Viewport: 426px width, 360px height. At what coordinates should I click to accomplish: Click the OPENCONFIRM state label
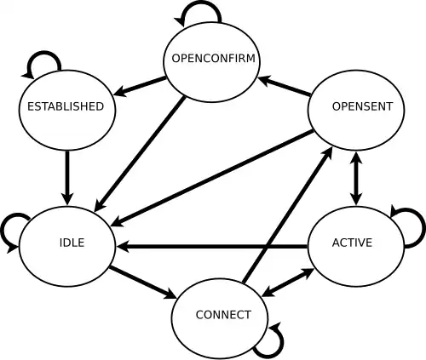tap(213, 58)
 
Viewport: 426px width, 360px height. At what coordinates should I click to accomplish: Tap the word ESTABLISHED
tap(66, 106)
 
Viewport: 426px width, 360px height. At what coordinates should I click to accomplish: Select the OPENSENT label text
tap(362, 106)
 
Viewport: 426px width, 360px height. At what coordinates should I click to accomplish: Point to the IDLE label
tap(72, 243)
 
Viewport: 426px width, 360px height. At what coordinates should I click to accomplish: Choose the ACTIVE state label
tap(352, 243)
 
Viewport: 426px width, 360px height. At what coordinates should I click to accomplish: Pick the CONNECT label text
tap(223, 315)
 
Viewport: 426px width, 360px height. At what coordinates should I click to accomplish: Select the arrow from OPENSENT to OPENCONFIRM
tap(285, 86)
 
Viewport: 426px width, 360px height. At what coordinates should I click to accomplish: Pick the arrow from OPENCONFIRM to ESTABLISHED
tap(140, 86)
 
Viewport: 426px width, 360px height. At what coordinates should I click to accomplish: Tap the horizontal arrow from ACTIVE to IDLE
tap(212, 247)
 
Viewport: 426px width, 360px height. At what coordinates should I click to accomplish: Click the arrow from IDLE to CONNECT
tap(143, 283)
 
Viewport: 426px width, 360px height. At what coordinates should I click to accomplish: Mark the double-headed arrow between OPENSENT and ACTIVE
tap(356, 178)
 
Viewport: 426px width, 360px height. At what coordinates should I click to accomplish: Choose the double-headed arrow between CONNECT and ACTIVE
tap(288, 283)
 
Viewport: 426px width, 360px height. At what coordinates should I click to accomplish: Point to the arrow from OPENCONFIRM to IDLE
tap(140, 154)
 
